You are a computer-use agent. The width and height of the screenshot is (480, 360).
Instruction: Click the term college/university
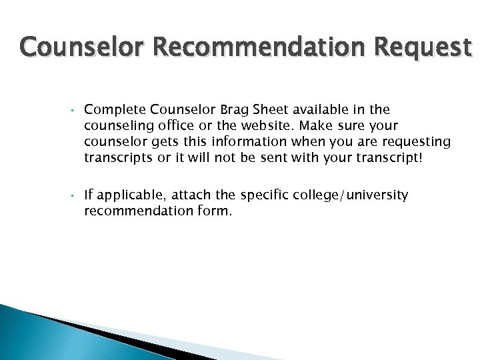click(x=350, y=196)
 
